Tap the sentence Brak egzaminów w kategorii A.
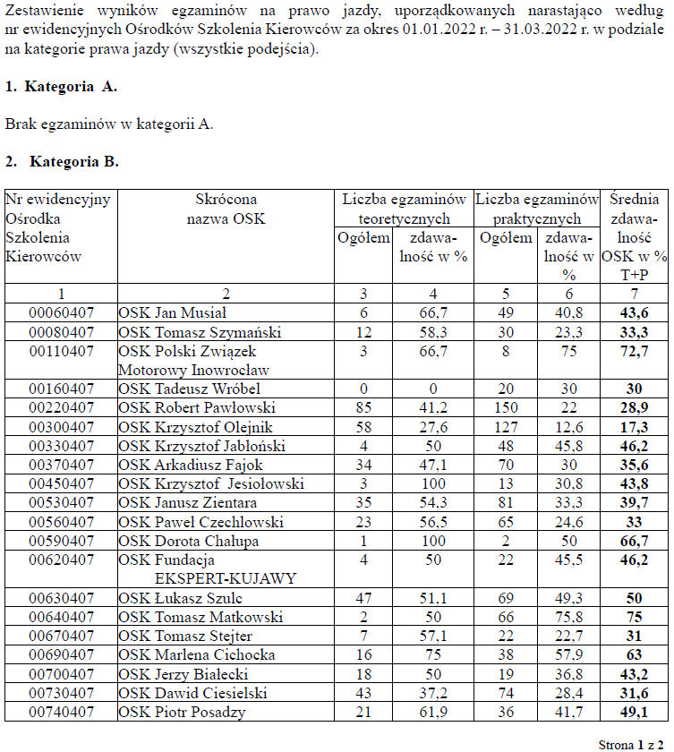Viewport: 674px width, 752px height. [x=109, y=124]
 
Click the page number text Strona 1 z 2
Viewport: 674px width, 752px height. [x=630, y=744]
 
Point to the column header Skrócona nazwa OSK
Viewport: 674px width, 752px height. [x=226, y=209]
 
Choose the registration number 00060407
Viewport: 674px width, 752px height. [x=61, y=312]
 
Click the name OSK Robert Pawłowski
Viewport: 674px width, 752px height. [x=185, y=407]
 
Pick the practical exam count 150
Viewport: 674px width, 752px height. [x=506, y=407]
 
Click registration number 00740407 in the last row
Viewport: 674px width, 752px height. [x=61, y=713]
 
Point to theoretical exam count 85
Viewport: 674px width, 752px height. [x=363, y=407]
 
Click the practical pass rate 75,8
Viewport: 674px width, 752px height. [x=569, y=617]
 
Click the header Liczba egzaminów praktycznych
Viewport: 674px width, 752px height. [x=537, y=209]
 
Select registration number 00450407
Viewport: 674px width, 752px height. [x=61, y=484]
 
